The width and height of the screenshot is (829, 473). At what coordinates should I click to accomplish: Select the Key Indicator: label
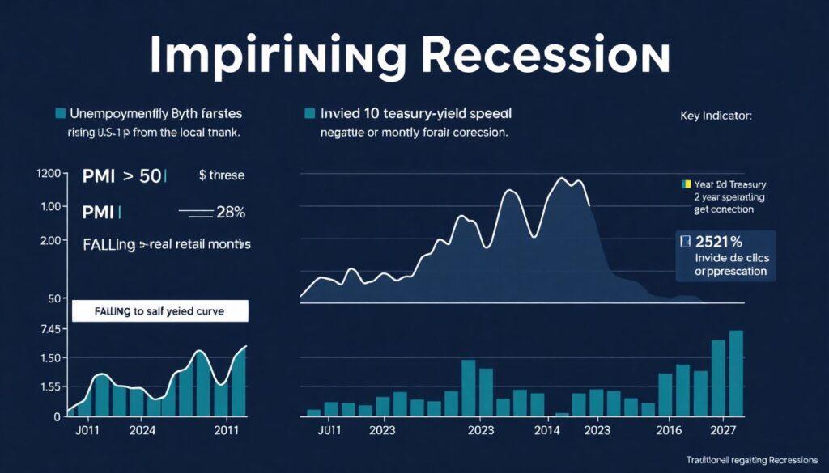tap(716, 116)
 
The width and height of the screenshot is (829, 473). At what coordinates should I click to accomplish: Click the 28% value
tap(230, 213)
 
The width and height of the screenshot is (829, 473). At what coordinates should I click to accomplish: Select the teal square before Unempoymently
tap(59, 113)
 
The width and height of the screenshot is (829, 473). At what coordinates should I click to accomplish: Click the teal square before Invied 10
tap(308, 113)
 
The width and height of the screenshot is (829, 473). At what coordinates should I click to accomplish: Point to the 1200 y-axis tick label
tap(49, 174)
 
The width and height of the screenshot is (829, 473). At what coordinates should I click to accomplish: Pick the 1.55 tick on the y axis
tap(49, 387)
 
